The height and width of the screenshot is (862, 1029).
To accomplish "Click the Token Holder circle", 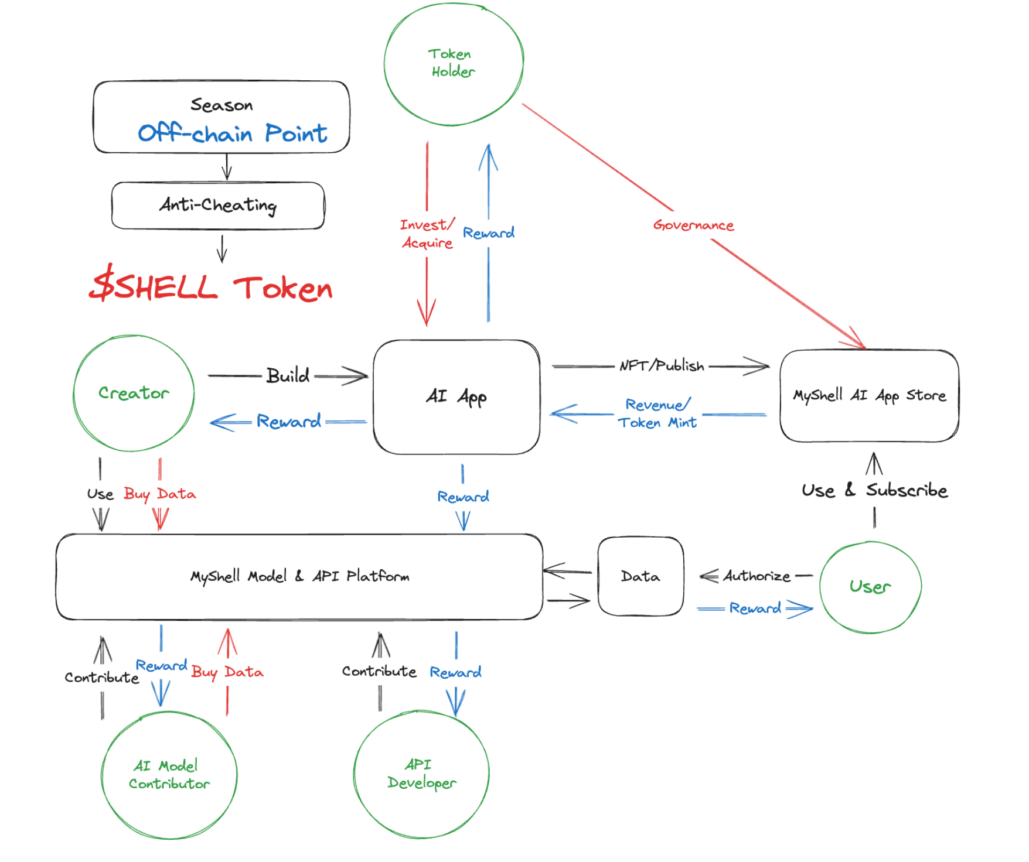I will pos(453,63).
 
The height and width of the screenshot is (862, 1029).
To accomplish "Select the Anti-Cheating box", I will pos(218,205).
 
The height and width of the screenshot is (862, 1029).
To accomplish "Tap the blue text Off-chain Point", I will pos(232,134).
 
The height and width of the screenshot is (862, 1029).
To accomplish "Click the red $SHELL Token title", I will pos(211,286).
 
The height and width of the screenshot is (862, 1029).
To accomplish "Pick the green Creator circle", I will pos(134,393).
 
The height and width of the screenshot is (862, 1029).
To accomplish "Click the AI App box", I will pos(456,396).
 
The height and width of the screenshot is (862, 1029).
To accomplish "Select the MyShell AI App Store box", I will pos(869,396).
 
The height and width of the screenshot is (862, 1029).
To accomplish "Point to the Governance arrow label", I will pos(693,225).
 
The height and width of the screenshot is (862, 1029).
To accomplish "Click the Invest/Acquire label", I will pos(427,234).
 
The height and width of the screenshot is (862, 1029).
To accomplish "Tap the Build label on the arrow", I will pos(288,375).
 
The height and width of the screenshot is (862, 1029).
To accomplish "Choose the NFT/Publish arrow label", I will pos(662,366).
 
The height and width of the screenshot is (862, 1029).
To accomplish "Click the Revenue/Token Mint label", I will pos(657,413).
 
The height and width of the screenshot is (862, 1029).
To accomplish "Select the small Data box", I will pos(640,576).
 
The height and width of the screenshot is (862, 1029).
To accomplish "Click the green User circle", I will pos(870,587).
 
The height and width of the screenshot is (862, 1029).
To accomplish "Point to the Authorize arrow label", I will pos(757,576).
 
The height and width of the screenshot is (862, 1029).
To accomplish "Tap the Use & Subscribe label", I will pos(874,490).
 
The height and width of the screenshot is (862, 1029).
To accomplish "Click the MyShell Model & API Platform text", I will pos(299,576).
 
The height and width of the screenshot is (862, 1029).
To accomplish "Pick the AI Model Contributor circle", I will pos(169,774).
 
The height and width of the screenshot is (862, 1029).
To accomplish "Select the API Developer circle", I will pos(421,774).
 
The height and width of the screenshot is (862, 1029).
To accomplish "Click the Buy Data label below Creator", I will pos(160,494).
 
